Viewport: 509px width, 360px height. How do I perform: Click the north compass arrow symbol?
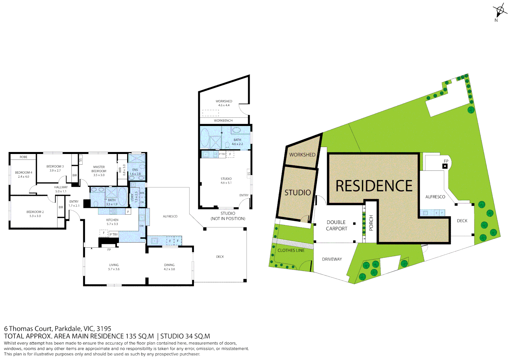click(x=499, y=11)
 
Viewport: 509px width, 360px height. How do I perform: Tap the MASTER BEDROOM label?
click(x=99, y=169)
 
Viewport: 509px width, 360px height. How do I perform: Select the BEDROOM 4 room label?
click(x=24, y=173)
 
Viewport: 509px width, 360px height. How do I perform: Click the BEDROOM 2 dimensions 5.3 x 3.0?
click(x=35, y=216)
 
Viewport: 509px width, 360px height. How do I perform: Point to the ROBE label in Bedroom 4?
click(x=23, y=157)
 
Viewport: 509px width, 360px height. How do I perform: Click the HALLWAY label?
click(x=61, y=187)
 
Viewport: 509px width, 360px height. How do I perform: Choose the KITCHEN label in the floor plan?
click(x=112, y=220)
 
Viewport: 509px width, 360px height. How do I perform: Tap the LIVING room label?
click(x=114, y=265)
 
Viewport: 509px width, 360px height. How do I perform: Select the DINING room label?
click(x=169, y=265)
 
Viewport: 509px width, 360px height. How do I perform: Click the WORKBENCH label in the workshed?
click(x=223, y=121)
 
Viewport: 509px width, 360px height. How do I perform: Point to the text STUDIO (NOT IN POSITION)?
click(x=228, y=216)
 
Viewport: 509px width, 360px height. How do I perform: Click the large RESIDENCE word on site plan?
click(x=374, y=186)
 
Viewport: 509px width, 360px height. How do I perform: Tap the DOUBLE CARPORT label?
click(x=336, y=225)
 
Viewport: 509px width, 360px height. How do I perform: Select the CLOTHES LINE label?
click(x=291, y=250)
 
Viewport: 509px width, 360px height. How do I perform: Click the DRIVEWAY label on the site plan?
click(x=332, y=259)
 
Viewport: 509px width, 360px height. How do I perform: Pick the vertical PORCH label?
click(x=371, y=223)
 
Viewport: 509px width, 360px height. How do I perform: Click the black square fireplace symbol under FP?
click(x=445, y=166)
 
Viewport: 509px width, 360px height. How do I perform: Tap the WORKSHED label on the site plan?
click(x=302, y=155)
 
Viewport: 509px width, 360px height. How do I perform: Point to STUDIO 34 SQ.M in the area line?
click(x=185, y=336)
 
